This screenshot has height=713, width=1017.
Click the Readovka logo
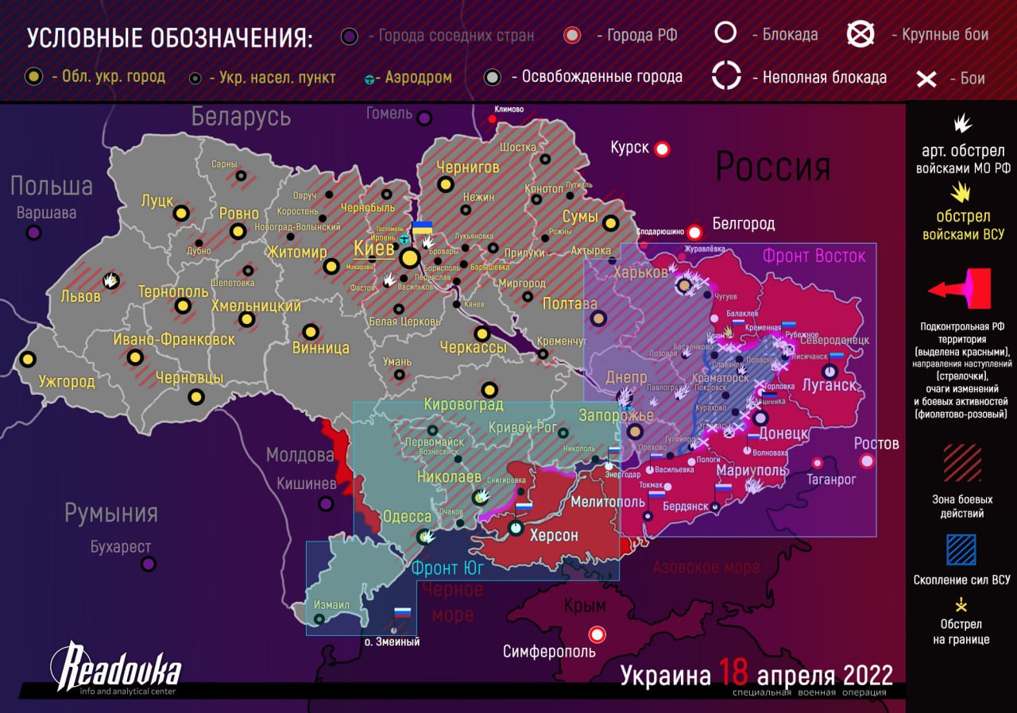click(115, 667)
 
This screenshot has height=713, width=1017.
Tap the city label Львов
click(80, 296)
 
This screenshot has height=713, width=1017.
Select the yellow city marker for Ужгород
click(28, 360)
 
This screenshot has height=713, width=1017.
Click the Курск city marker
click(661, 148)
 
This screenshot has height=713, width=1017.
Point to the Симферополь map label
click(549, 652)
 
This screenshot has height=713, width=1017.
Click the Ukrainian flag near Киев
click(422, 228)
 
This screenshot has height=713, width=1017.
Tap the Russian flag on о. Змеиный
click(402, 614)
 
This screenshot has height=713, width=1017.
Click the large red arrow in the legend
click(961, 289)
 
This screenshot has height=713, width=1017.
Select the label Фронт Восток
click(814, 256)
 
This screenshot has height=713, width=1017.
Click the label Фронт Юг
click(447, 568)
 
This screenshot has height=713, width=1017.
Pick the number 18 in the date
click(733, 674)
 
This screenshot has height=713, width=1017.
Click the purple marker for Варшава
click(33, 233)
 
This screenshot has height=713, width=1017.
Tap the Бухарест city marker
click(149, 565)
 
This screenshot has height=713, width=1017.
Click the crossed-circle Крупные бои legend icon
click(860, 34)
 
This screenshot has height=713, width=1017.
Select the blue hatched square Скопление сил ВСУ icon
click(961, 549)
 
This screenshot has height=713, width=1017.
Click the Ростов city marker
click(866, 461)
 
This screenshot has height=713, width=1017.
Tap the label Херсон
click(554, 535)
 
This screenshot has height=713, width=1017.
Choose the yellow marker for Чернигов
click(445, 184)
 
